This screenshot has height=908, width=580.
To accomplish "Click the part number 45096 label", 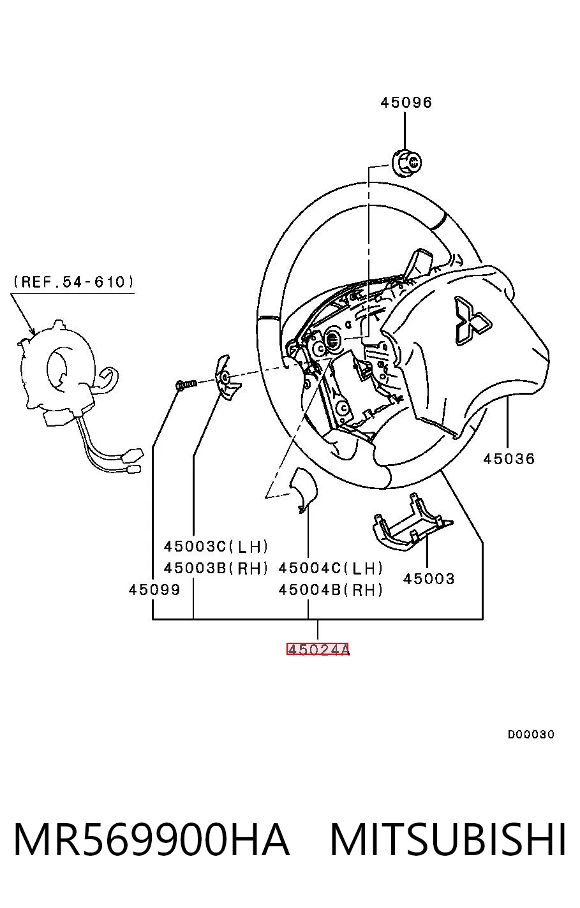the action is click(406, 103).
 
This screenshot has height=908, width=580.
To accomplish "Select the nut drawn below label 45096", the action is click(406, 163).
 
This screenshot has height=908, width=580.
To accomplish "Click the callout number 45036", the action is click(509, 459).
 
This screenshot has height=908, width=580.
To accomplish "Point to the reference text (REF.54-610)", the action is click(73, 281).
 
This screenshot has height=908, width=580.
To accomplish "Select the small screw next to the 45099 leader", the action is click(186, 384).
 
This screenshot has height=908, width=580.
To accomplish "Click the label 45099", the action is click(154, 589).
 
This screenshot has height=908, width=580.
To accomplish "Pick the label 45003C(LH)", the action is click(216, 546).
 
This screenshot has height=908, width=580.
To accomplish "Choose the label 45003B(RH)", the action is click(216, 568).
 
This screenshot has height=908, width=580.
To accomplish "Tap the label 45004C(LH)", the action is click(331, 568).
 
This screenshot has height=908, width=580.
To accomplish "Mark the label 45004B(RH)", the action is click(331, 590).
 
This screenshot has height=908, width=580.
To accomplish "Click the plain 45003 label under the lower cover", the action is click(429, 578).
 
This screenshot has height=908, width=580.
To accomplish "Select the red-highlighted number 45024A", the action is click(318, 649).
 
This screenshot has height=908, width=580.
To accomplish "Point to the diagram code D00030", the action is click(531, 734).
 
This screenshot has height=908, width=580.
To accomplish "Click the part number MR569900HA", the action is click(152, 839).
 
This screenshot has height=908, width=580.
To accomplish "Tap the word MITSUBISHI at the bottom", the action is click(448, 839).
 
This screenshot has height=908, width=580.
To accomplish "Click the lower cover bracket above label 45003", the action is click(412, 522).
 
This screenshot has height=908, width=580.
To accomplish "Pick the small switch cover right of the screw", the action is click(227, 377).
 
